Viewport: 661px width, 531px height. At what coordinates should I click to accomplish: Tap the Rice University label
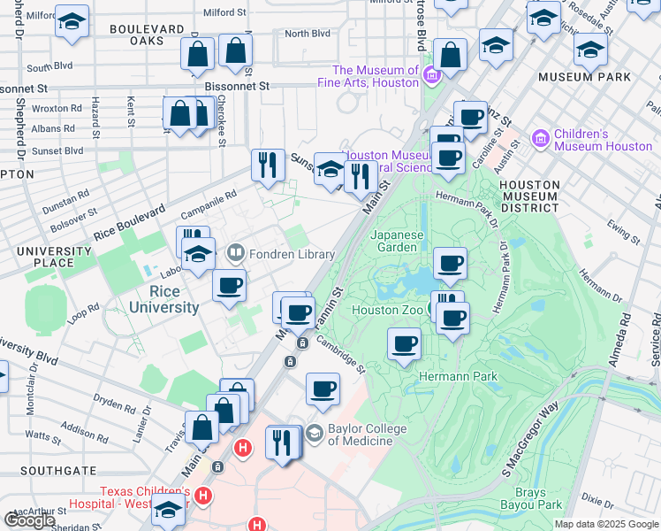pyautogui.click(x=163, y=299)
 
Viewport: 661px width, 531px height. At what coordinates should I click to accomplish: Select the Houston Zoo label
pyautogui.click(x=386, y=310)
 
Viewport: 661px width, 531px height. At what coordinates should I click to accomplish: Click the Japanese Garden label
pyautogui.click(x=398, y=242)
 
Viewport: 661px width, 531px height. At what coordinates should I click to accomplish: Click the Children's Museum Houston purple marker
pyautogui.click(x=541, y=139)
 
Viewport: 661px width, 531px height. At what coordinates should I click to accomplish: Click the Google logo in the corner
pyautogui.click(x=30, y=520)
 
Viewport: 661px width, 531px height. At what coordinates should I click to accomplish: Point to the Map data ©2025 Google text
pyautogui.click(x=605, y=524)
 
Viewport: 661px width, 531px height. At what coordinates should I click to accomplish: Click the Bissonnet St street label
pyautogui.click(x=236, y=87)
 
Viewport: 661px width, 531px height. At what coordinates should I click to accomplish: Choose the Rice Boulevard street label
pyautogui.click(x=129, y=226)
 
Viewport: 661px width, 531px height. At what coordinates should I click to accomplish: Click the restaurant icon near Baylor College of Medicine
pyautogui.click(x=282, y=442)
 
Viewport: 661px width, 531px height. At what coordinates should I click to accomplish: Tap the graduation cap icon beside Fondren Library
pyautogui.click(x=199, y=254)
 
